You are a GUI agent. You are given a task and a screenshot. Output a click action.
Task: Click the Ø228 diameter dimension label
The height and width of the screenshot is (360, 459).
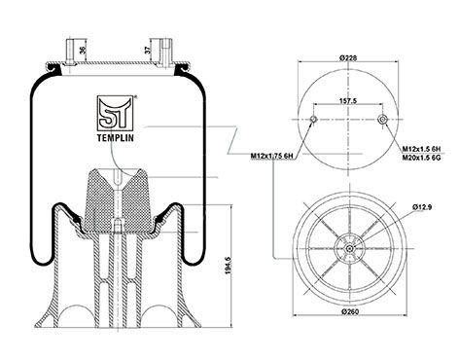[348, 58]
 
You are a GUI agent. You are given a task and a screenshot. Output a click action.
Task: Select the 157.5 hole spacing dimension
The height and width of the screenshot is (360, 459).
[348, 101]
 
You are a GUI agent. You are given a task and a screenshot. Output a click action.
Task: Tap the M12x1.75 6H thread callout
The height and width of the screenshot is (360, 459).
[271, 157]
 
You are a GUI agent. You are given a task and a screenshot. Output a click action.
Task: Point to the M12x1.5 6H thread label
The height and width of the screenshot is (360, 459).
[422, 149]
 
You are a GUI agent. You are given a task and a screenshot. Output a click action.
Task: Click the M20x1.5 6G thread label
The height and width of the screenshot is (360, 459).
[422, 158]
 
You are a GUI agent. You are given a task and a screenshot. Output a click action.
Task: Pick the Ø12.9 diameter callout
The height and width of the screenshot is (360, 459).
[422, 206]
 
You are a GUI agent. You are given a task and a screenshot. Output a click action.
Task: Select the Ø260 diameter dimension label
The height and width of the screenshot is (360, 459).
[350, 311]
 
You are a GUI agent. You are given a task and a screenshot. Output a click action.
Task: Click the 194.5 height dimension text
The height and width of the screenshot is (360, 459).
[228, 266]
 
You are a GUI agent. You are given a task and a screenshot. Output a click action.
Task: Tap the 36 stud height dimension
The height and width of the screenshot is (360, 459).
[83, 50]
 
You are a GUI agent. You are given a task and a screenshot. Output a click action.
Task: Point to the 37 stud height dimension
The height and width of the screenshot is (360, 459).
[148, 50]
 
